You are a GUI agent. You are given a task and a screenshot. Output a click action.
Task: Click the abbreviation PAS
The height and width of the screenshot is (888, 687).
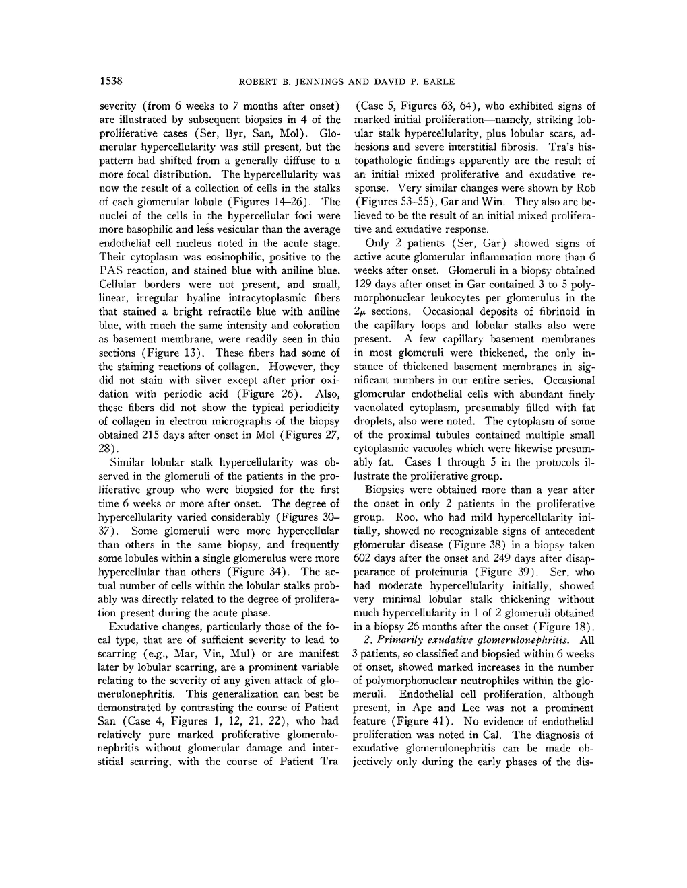(x=112, y=270)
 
